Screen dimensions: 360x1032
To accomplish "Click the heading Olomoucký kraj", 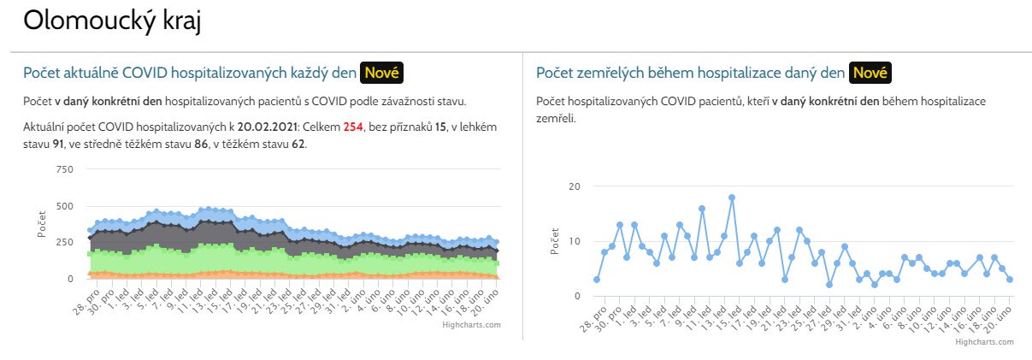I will coord(111,21).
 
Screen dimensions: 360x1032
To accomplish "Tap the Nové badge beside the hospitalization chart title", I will coord(381,73).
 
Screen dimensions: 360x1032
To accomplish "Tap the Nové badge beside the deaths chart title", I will coord(870,73).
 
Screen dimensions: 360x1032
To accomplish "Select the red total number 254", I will coord(354,127).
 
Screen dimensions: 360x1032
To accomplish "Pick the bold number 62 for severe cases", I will coord(298,144).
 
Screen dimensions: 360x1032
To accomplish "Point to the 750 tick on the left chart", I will coord(64,169).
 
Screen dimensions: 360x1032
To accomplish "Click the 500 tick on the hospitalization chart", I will coord(64,206).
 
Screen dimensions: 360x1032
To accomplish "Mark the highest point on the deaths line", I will coord(732,198).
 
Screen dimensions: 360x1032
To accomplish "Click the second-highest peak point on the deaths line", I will coord(702,209).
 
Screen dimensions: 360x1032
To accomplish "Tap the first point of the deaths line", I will coord(597,280).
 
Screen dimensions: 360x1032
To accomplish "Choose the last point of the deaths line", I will coord(1010,280).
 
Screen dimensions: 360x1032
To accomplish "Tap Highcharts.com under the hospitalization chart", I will coord(472,325).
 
